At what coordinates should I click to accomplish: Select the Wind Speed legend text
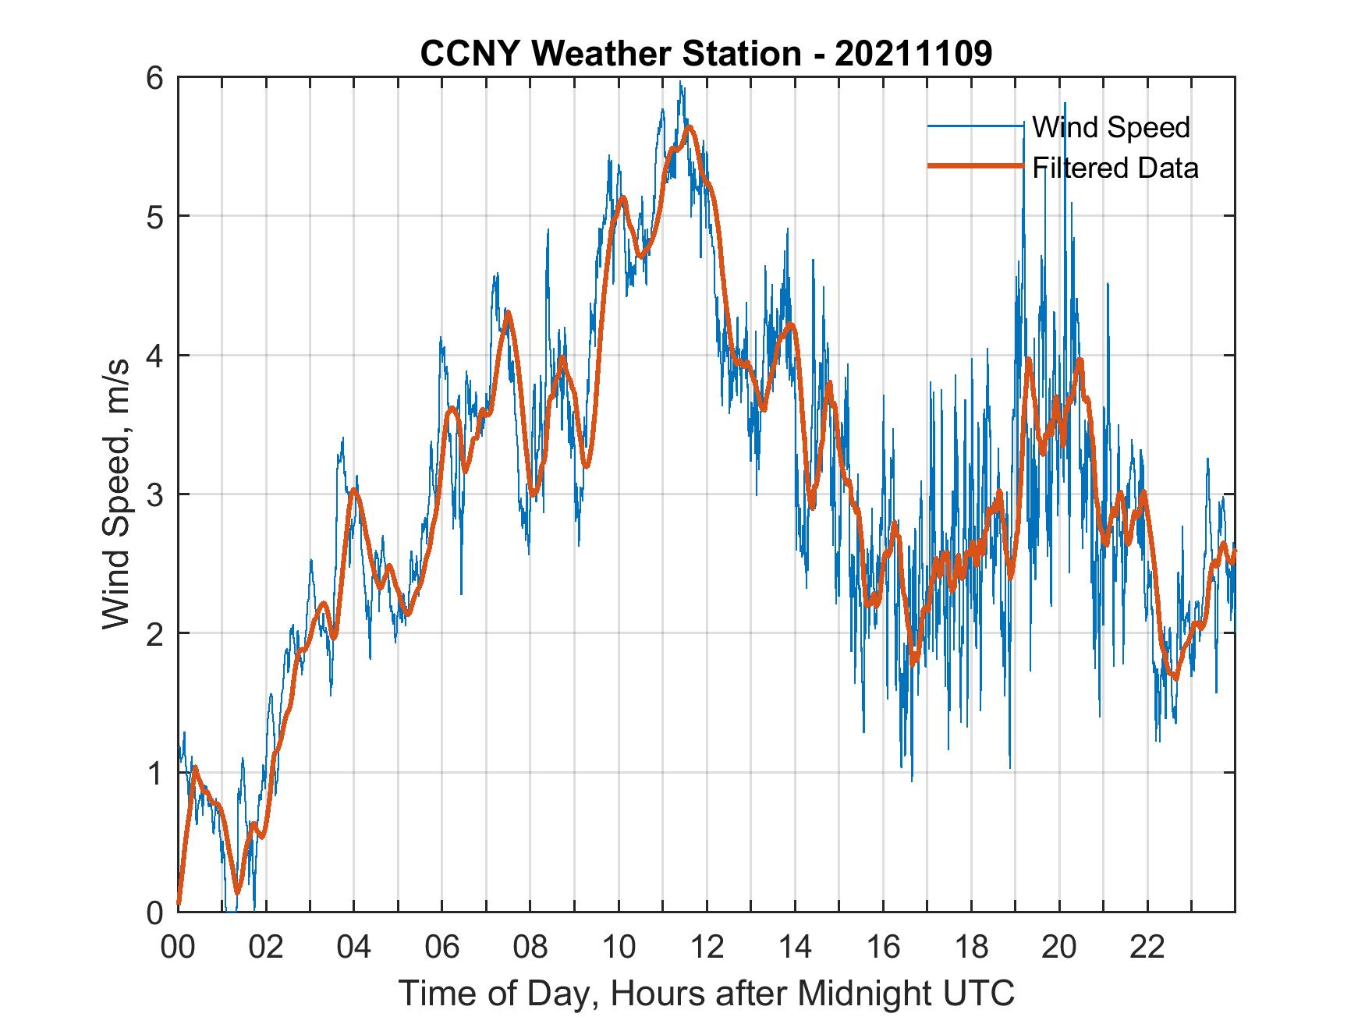point(1111,126)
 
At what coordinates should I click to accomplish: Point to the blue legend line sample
point(975,126)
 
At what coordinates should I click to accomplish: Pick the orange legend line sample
point(975,166)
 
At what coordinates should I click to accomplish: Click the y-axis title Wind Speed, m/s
point(116,494)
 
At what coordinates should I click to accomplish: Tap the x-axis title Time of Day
point(707,994)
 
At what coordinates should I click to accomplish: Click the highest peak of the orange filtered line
point(689,127)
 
